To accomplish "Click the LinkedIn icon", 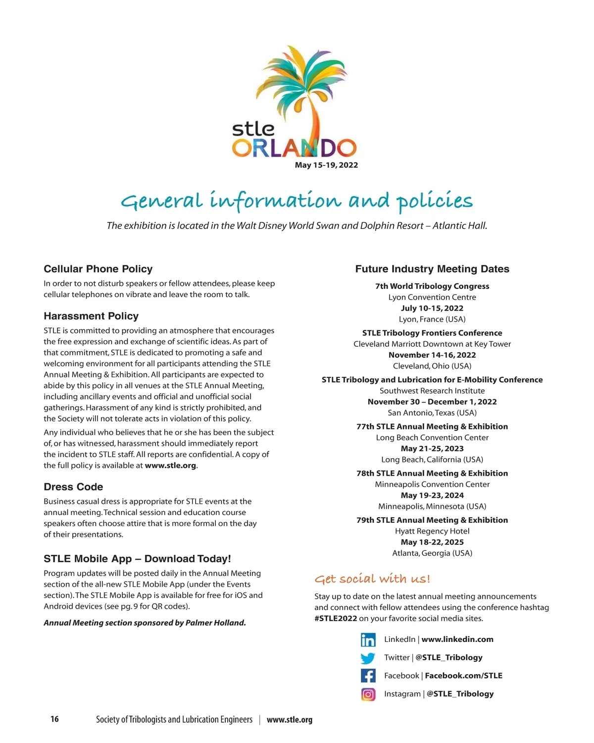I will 368,639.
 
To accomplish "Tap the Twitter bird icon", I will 368,658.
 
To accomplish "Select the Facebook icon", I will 368,676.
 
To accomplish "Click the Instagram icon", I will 368,694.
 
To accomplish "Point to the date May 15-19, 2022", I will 326,165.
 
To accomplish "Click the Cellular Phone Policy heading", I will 98,269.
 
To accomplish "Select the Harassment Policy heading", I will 91,316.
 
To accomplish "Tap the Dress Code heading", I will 73,487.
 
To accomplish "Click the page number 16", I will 54,719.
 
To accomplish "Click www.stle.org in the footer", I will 290,720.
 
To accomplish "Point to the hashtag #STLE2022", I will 336,618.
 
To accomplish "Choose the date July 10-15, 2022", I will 432,308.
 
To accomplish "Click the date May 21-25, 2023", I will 432,449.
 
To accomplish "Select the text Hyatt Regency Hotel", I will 432,531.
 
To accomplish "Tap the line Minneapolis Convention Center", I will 432,484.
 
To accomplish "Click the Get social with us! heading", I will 372,579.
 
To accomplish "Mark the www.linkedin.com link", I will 457,639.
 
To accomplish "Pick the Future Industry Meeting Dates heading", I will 432,269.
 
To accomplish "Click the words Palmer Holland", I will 215,623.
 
